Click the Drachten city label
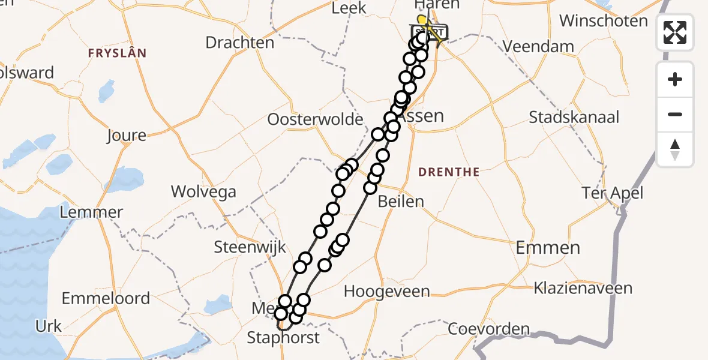[x=239, y=43]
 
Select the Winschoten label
[x=604, y=21]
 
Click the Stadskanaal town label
[x=574, y=117]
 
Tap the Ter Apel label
[x=613, y=193]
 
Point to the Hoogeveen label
[x=387, y=292]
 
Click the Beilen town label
[x=401, y=202]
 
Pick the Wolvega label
[x=203, y=192]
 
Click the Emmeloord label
[x=106, y=298]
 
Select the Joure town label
[x=126, y=136]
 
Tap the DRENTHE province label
[x=449, y=172]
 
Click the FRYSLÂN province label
[x=117, y=53]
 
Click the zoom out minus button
[x=675, y=114]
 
